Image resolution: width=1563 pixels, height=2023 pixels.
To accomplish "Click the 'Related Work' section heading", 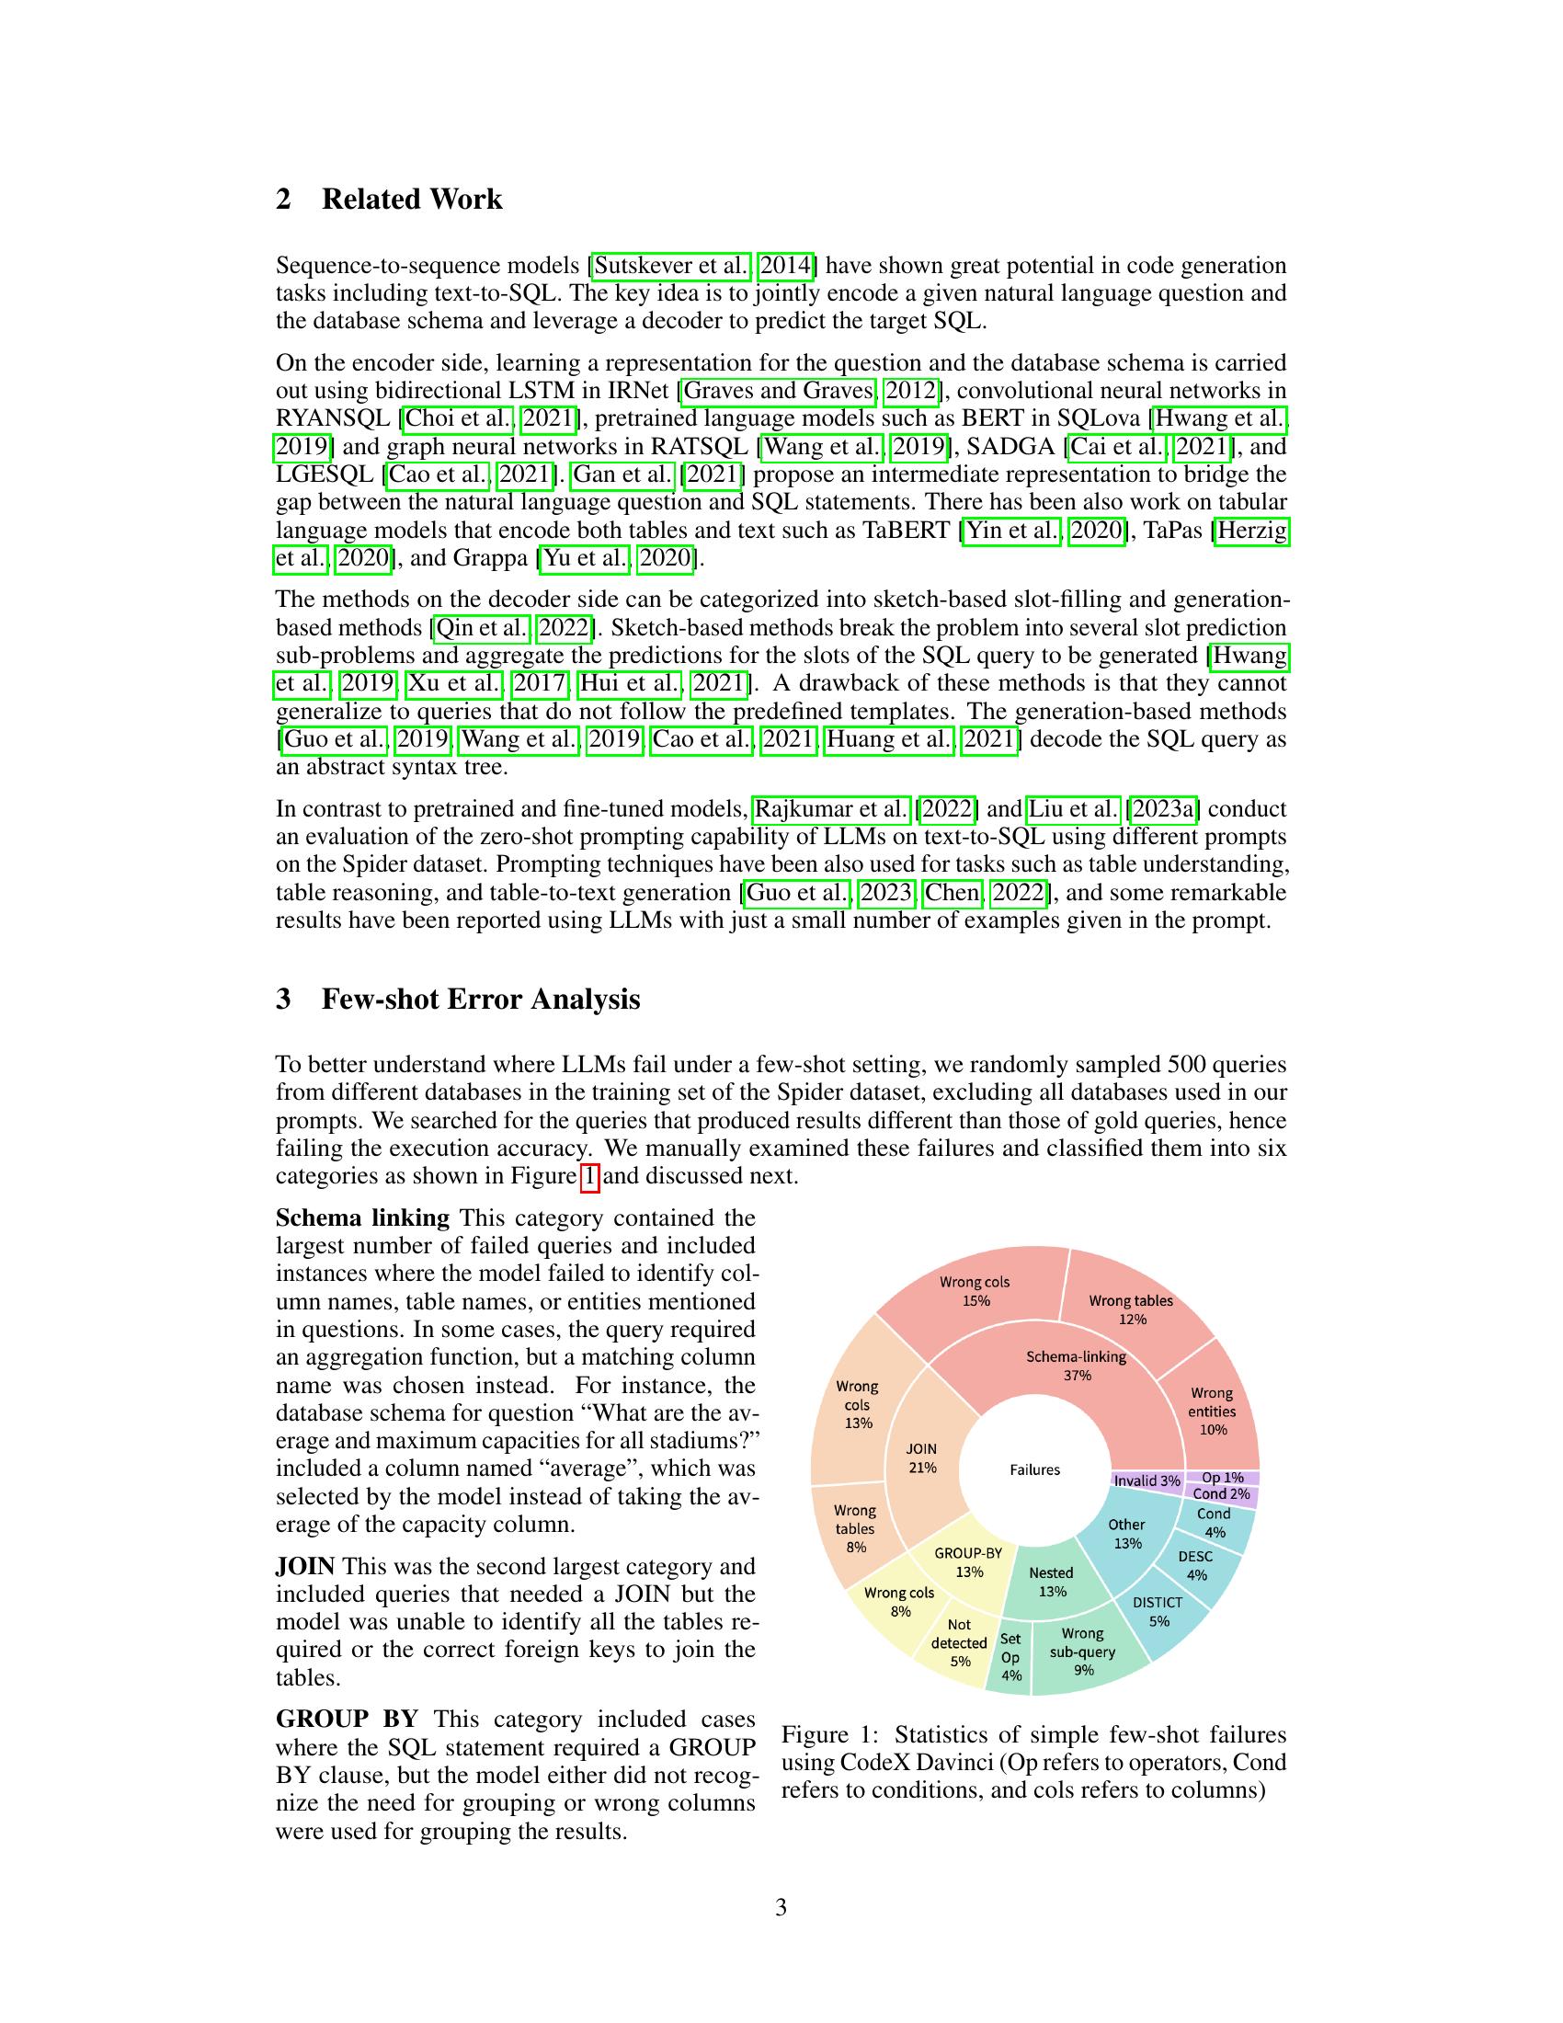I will click(x=411, y=200).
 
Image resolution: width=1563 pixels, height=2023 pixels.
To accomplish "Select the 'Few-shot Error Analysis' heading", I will click(x=481, y=1000).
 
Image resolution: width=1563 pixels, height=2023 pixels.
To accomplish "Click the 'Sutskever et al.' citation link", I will click(x=671, y=266).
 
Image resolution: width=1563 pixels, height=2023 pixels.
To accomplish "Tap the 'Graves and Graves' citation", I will click(x=779, y=391).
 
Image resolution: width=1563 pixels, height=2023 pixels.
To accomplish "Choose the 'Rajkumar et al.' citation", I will click(x=830, y=809).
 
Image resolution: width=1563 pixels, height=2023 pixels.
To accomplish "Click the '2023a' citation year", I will click(x=1163, y=809).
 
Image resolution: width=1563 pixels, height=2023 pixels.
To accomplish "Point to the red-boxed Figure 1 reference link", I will click(x=589, y=1176).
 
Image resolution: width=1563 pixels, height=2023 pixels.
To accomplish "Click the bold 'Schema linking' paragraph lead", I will click(x=362, y=1217).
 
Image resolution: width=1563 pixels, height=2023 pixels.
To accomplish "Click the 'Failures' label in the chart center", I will click(x=1034, y=1470).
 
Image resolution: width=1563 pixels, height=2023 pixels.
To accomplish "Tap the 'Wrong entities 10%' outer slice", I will click(x=1212, y=1411).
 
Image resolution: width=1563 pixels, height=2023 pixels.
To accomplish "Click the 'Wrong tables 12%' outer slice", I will click(x=1131, y=1309).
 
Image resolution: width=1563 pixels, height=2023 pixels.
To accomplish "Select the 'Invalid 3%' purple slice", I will click(x=1147, y=1480).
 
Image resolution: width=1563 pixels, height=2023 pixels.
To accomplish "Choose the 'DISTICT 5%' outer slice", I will click(x=1158, y=1612).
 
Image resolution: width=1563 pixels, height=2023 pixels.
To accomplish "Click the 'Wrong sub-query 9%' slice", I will click(x=1082, y=1652).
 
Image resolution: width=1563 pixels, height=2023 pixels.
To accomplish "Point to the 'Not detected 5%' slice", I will click(x=959, y=1642).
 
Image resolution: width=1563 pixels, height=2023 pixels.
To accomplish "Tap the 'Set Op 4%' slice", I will click(x=1010, y=1657).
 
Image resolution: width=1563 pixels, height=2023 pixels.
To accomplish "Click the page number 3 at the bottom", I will click(x=781, y=1907).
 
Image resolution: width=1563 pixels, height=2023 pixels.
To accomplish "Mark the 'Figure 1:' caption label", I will click(x=827, y=1735).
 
